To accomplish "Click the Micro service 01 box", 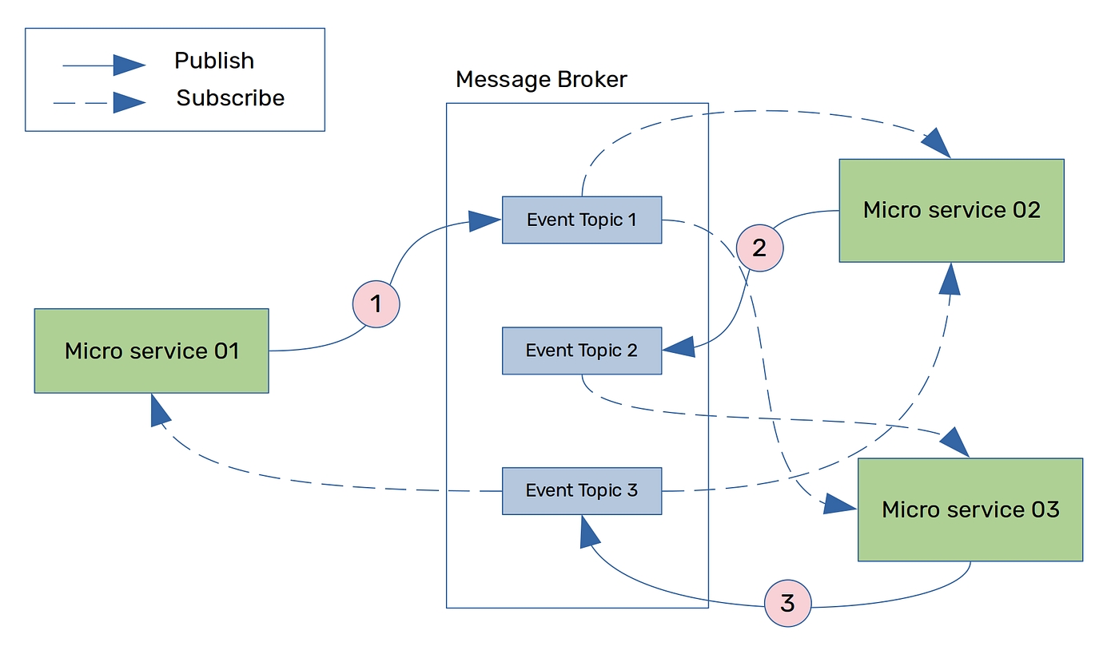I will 151,351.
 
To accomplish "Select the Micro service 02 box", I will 951,210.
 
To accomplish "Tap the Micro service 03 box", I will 970,509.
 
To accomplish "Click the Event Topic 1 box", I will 581,220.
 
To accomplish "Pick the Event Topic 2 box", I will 581,351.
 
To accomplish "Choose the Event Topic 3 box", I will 581,490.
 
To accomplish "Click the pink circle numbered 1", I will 376,304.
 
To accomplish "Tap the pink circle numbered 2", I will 759,248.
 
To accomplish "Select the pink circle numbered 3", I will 787,603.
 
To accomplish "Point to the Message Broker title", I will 541,80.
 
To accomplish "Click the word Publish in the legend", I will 214,61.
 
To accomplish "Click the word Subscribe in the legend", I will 230,98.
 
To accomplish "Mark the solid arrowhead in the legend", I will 128,65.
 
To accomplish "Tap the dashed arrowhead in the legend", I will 128,102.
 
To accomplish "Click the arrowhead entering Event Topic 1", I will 484,220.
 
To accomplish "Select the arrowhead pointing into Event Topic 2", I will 679,347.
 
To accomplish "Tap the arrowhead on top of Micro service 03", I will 955,441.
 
